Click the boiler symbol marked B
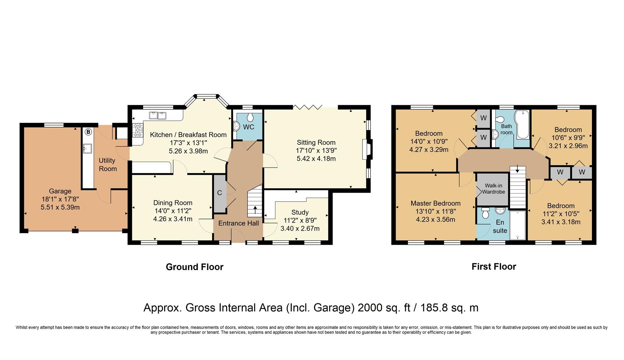click(88, 132)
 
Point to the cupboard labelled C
click(219, 193)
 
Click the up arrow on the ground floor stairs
click(255, 210)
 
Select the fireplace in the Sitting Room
click(367, 149)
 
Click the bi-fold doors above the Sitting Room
click(307, 107)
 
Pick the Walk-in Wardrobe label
click(493, 189)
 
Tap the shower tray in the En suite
click(517, 225)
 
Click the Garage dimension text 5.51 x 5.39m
click(60, 207)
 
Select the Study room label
click(300, 212)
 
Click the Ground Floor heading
click(194, 267)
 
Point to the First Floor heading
click(494, 267)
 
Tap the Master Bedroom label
click(435, 203)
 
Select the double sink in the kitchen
click(158, 115)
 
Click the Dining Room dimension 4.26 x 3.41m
click(172, 219)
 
